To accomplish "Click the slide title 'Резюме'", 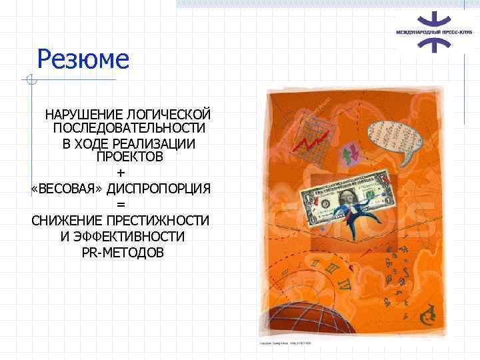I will click(83, 59).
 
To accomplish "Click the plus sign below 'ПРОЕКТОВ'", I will click(121, 173).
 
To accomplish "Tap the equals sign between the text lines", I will click(121, 204).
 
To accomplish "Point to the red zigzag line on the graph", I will click(313, 141).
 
